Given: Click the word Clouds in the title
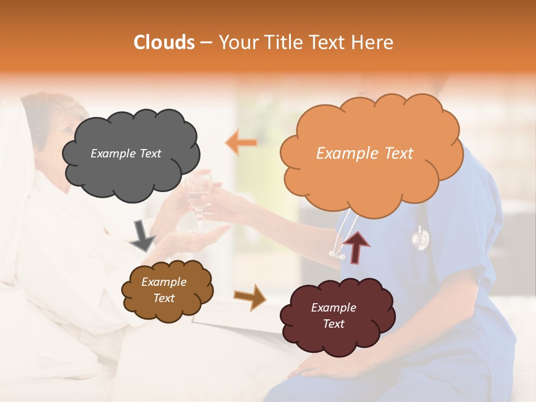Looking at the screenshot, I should tap(164, 42).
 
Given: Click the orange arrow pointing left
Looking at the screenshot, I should tap(241, 143).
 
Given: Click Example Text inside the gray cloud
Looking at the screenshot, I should tap(126, 154).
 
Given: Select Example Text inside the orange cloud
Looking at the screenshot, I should tap(365, 154).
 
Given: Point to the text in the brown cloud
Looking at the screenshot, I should tap(164, 290).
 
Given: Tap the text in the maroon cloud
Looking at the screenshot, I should tap(333, 315).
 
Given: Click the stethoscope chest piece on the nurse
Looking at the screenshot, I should tap(420, 239).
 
